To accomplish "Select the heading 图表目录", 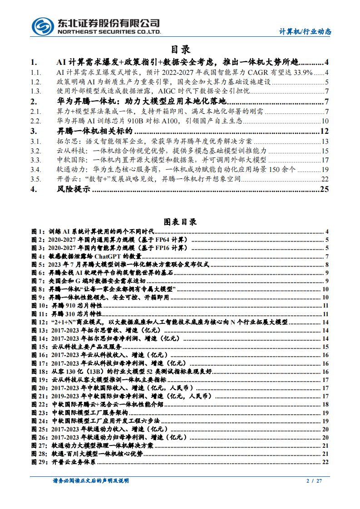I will point(180,222).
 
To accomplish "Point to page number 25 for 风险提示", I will point(324,190).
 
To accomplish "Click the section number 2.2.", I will point(35,121).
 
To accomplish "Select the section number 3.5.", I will point(35,179).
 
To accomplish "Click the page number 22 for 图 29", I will point(325,462).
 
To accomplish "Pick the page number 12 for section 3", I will point(324,131).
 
